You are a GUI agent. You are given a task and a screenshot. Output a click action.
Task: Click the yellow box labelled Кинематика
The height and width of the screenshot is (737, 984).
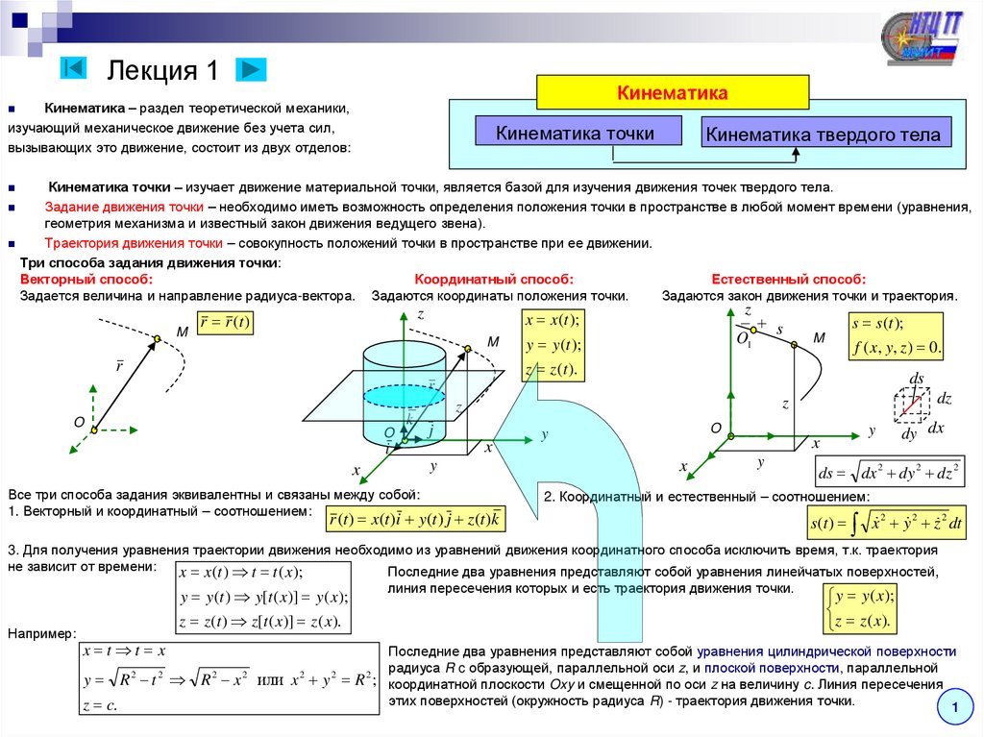point(672,93)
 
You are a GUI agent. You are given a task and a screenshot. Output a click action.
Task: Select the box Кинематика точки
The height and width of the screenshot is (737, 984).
point(577,133)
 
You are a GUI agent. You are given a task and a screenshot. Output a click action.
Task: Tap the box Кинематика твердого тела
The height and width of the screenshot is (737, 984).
point(824,134)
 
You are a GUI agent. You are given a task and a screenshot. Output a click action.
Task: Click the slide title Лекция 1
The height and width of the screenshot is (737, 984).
point(163,70)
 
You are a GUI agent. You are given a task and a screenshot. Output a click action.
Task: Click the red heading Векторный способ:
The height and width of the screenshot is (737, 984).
point(86,279)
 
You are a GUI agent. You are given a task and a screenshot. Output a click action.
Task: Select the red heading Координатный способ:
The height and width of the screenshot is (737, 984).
point(494,279)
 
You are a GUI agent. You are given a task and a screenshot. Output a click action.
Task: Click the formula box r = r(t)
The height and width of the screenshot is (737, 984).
point(224,323)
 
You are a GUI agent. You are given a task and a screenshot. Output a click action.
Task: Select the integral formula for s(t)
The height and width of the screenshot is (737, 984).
point(887,523)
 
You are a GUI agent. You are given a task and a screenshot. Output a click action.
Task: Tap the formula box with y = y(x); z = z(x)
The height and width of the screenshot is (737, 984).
point(862,609)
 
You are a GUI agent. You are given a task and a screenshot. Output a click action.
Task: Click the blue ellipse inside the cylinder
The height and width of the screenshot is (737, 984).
point(404,395)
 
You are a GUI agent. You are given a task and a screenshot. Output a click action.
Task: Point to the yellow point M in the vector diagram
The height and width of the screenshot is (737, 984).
point(157,338)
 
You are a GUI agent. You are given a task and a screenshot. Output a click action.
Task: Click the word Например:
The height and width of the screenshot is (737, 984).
point(41,633)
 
